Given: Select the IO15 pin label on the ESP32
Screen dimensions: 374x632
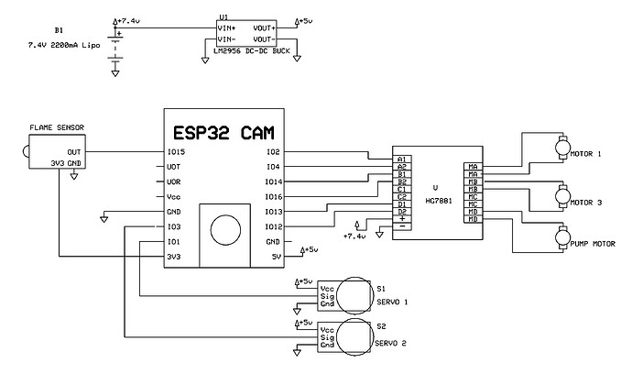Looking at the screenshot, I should pos(178,151).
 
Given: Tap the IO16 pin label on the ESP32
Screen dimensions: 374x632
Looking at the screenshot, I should pos(272,196).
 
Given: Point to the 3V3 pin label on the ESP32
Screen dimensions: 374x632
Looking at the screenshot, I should pos(175,257).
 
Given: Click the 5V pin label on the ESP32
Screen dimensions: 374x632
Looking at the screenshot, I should pos(276,257).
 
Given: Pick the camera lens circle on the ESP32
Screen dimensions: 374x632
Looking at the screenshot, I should pos(221,226).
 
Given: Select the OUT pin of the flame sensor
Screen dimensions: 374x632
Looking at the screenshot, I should pos(74,152).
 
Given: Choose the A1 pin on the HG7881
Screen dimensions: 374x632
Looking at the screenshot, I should pos(401,159).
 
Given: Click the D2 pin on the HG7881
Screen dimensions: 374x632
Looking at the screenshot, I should pos(401,212).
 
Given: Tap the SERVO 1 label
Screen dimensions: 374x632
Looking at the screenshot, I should pos(390,302).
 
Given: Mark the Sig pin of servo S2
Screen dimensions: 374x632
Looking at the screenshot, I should pos(327,337).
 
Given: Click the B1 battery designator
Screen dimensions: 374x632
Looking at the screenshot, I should pos(60,28).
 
